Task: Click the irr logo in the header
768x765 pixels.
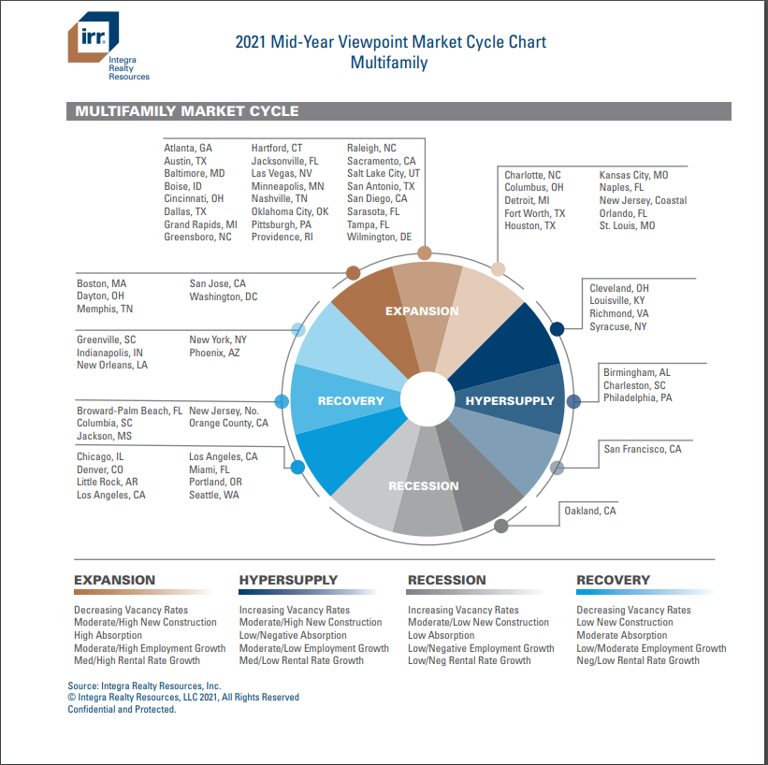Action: (94, 41)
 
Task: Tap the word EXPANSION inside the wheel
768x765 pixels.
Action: (422, 311)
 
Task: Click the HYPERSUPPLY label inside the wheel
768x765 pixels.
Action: (510, 401)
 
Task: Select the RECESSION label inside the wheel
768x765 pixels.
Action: (424, 486)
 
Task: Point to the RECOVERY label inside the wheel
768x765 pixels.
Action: (351, 401)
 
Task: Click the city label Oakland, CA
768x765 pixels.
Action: (589, 511)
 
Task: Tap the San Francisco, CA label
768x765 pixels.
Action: (643, 450)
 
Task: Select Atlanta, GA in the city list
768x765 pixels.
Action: (188, 149)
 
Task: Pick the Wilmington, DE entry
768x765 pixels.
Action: (379, 238)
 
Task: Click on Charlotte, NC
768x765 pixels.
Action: (532, 176)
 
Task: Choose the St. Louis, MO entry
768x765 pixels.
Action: (627, 226)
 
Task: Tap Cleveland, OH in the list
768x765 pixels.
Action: (619, 289)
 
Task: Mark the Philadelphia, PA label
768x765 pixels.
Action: (638, 398)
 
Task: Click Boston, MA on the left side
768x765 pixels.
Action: (101, 283)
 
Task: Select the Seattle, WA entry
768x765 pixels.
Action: (214, 495)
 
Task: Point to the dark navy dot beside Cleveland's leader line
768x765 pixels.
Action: (558, 328)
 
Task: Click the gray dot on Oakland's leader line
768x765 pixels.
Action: (501, 526)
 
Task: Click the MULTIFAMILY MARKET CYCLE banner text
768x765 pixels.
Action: (187, 111)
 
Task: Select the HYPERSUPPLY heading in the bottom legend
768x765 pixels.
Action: (288, 581)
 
